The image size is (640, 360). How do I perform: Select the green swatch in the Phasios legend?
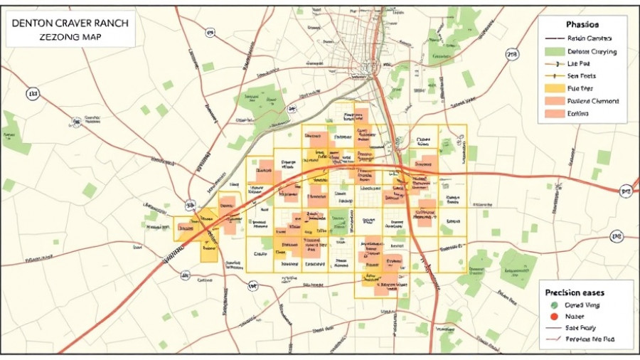click(x=554, y=52)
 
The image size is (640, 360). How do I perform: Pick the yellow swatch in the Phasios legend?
click(x=554, y=88)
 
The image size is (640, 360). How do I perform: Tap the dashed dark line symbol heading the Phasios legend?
click(x=554, y=39)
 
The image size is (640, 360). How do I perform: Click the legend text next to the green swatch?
click(x=592, y=52)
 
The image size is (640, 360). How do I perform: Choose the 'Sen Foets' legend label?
click(x=582, y=75)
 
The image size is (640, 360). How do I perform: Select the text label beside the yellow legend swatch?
click(x=580, y=88)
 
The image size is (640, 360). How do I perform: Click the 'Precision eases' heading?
click(x=574, y=292)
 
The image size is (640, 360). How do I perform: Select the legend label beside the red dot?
click(x=575, y=317)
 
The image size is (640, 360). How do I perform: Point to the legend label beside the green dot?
click(x=582, y=305)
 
